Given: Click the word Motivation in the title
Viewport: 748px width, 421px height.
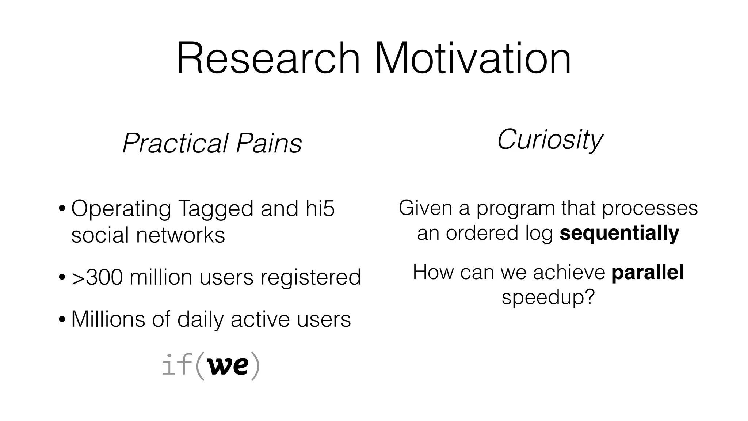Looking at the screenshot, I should [473, 58].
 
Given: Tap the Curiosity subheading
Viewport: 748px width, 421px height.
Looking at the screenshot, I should [549, 140].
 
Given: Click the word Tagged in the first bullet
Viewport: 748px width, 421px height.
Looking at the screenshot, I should [215, 209].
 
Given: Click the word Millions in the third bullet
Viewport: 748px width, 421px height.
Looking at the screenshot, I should [108, 319].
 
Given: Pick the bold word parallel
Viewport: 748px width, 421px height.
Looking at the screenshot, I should [647, 273].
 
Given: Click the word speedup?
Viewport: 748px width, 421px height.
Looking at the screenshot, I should [548, 297].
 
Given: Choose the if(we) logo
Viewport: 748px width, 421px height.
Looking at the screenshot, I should [211, 365].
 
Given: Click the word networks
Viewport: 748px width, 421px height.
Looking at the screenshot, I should [180, 235].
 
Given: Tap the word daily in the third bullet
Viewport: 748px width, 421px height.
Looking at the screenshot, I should [200, 319].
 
